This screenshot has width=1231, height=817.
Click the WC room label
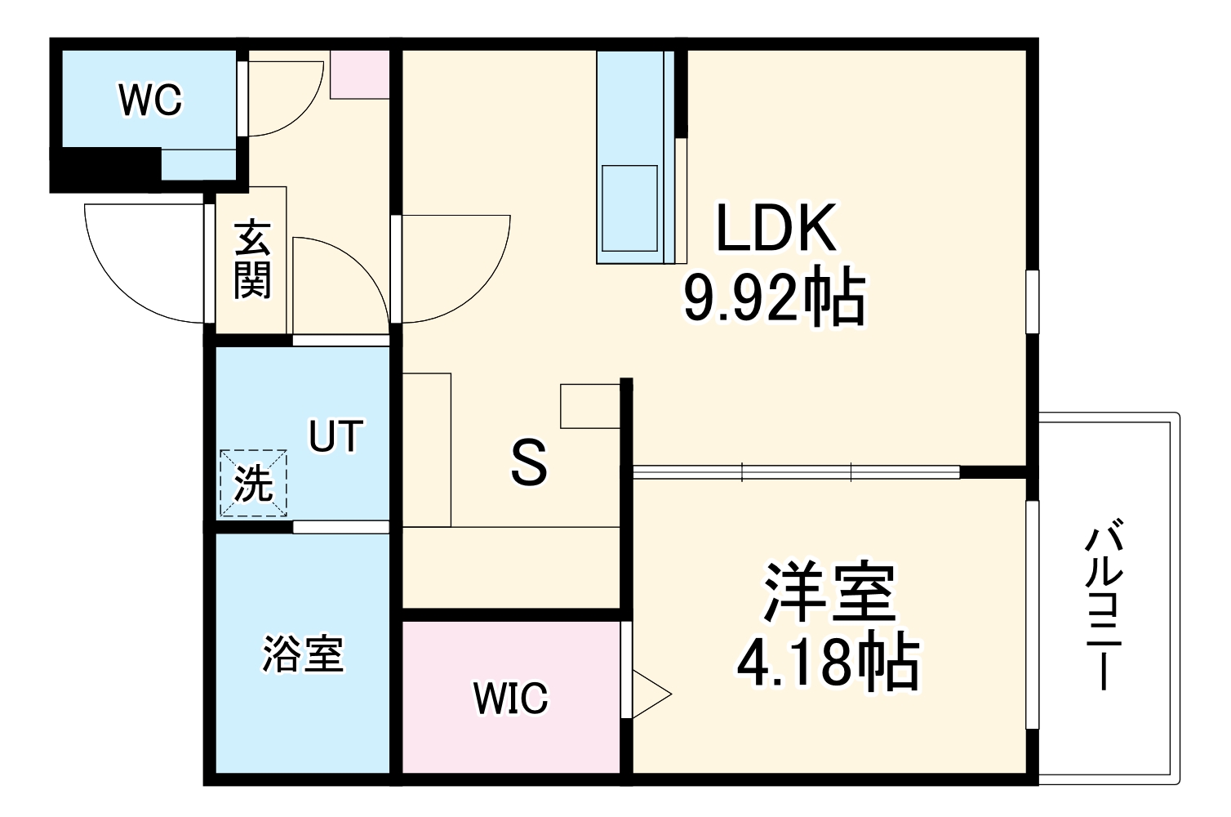coord(151,100)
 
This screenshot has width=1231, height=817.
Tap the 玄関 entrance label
coord(252,260)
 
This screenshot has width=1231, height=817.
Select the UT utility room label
coord(335,437)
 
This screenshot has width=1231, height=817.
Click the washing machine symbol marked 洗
coord(253,483)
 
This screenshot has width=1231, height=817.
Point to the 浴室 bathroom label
coord(303,654)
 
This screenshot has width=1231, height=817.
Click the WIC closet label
coord(512,699)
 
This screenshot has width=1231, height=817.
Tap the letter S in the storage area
coord(529,463)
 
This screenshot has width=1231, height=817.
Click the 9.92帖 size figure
coord(774,298)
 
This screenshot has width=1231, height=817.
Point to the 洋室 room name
coord(829,592)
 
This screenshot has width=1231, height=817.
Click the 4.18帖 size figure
coord(828,662)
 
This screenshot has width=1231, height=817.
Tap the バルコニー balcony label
coord(1103,609)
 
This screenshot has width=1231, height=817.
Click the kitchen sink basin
coord(629,208)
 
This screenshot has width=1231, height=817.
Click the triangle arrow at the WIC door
coord(650,695)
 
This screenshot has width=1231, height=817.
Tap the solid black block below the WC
coord(104,169)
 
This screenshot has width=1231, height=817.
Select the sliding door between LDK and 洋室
coord(796,471)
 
